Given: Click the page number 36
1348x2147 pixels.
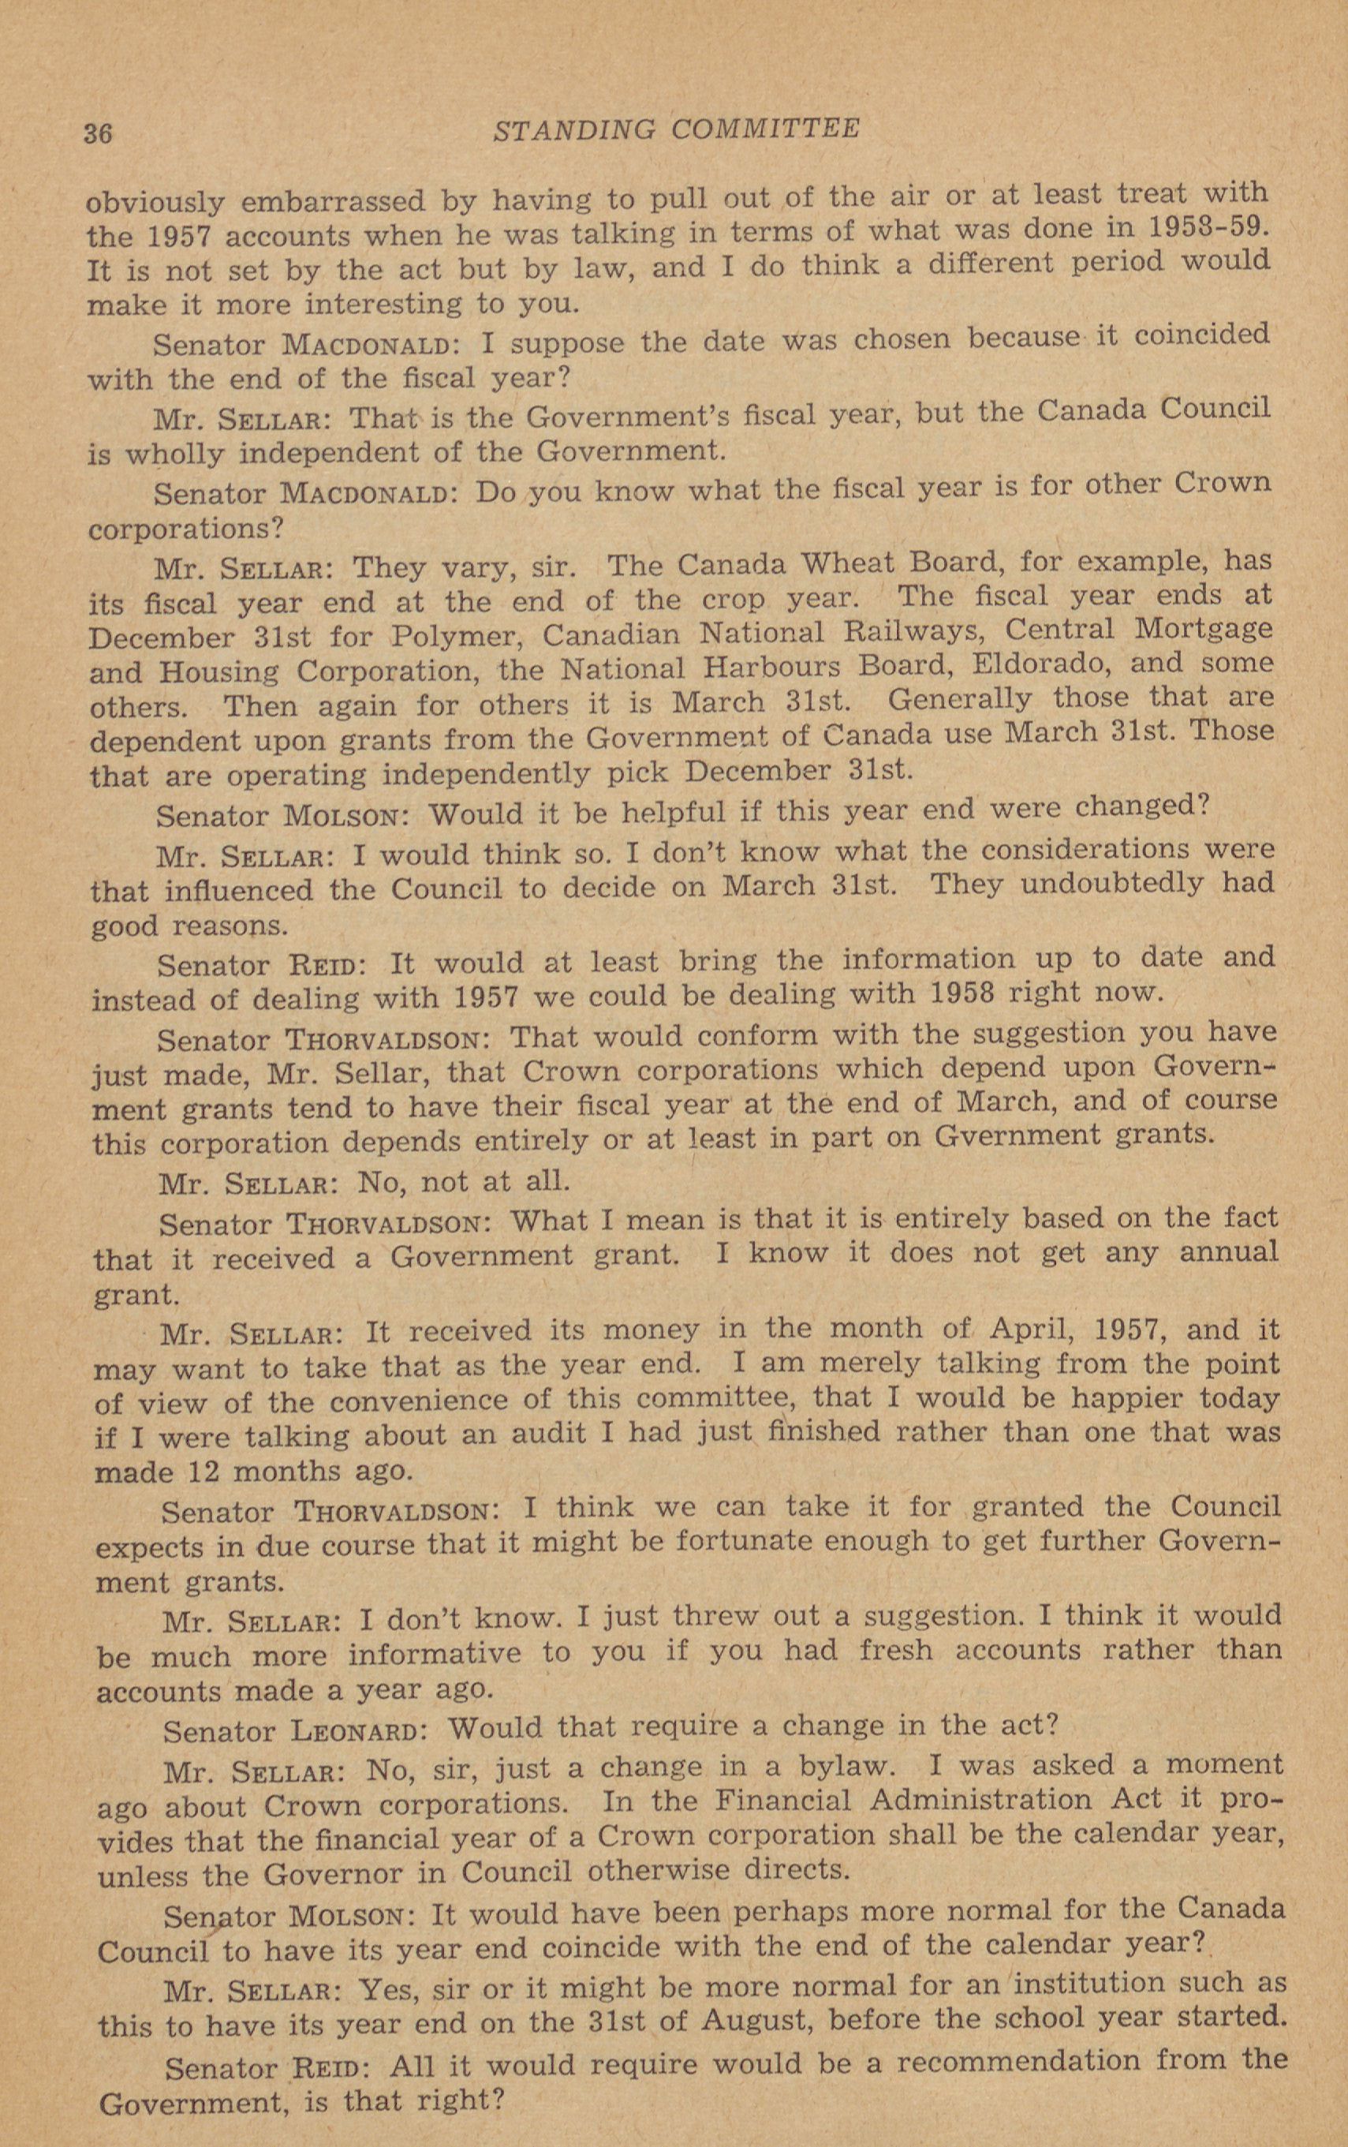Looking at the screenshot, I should [97, 133].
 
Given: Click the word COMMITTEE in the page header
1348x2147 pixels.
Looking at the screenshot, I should [764, 129].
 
